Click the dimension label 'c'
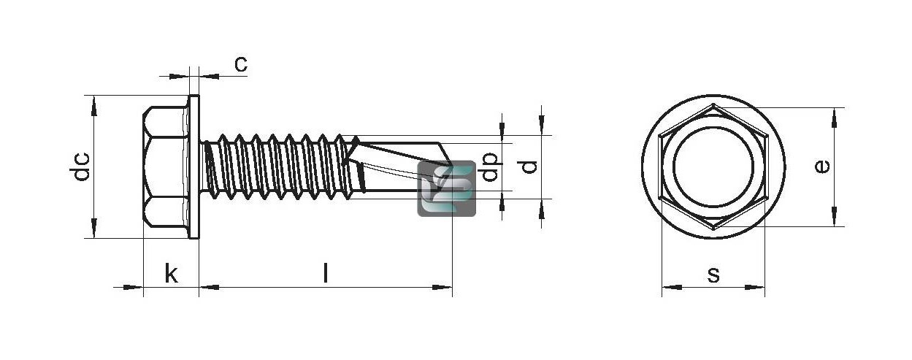(x=241, y=64)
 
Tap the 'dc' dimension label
(x=80, y=166)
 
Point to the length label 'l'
(x=326, y=272)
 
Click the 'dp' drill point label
(x=490, y=166)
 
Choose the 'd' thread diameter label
(x=529, y=167)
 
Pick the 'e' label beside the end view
(x=823, y=166)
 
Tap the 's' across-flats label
(x=713, y=275)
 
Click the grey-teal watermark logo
(x=447, y=188)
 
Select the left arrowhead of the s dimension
(x=672, y=288)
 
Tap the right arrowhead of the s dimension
(x=755, y=288)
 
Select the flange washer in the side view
(x=193, y=166)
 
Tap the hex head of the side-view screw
(x=166, y=166)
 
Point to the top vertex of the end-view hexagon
(x=713, y=104)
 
